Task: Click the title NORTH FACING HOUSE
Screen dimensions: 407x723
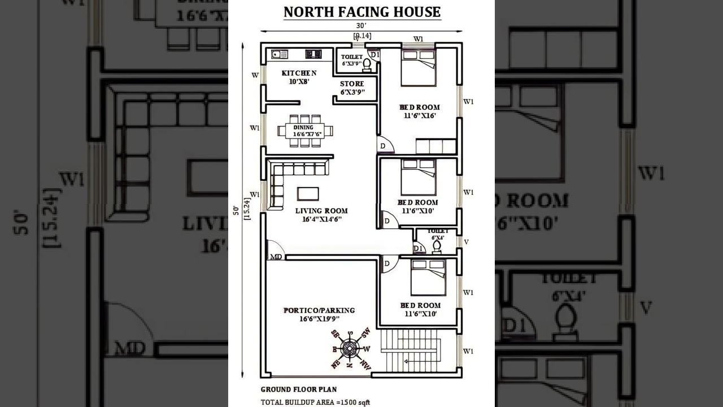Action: (x=361, y=12)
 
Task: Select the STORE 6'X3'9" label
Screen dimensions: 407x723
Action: (x=352, y=88)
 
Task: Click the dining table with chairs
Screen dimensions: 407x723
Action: (x=305, y=131)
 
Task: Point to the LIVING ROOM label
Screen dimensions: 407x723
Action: (x=321, y=215)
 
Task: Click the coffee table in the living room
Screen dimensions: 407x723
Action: (x=308, y=193)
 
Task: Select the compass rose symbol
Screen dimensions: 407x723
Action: (x=350, y=349)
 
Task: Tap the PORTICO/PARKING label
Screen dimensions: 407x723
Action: (x=319, y=314)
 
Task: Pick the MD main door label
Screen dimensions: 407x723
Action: (x=276, y=257)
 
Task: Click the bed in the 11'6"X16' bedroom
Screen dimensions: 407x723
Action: (x=419, y=68)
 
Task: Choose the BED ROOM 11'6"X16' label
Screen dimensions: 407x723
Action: (x=419, y=111)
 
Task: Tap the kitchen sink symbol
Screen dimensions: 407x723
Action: (x=279, y=54)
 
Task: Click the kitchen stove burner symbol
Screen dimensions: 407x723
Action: (x=313, y=54)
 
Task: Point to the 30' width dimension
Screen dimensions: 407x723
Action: (x=361, y=26)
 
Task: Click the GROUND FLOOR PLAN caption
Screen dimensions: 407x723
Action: (x=298, y=389)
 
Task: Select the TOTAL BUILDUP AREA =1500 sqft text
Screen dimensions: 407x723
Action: (x=315, y=402)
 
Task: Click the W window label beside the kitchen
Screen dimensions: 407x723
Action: (x=255, y=75)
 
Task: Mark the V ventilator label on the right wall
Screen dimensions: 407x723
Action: (x=466, y=242)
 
